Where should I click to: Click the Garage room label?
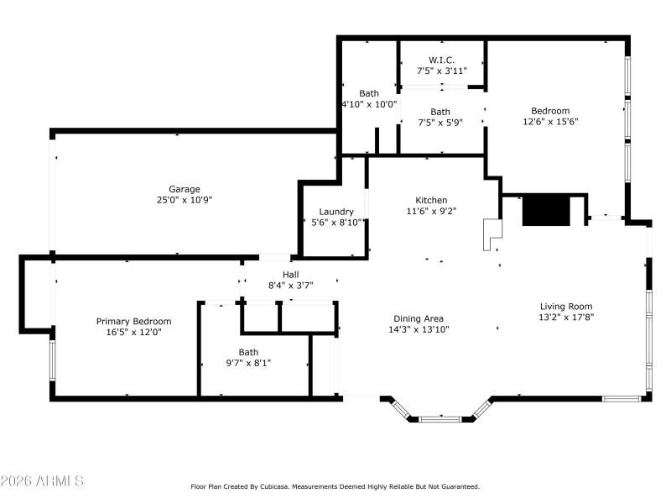click(185, 189)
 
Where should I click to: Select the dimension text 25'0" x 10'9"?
click(185, 200)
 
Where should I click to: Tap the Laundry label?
click(336, 212)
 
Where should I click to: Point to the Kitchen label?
click(431, 200)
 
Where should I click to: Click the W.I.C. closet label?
click(442, 60)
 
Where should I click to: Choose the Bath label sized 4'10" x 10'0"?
click(369, 93)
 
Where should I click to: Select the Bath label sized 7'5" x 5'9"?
click(440, 112)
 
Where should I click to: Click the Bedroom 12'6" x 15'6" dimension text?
click(550, 121)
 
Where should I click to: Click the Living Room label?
click(565, 307)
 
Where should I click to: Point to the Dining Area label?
click(419, 318)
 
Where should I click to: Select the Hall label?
click(290, 275)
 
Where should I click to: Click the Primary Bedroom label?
click(134, 321)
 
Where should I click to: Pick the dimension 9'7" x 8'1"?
click(248, 363)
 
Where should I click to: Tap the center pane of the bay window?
click(440, 417)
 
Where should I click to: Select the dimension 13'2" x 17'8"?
click(565, 318)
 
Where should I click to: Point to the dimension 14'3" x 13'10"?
click(419, 329)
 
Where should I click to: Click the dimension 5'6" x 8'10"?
click(336, 223)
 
